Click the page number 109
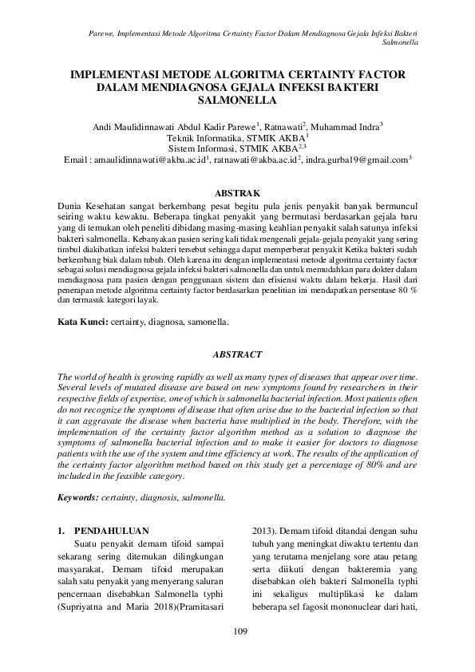click(x=237, y=632)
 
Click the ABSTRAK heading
click(x=237, y=193)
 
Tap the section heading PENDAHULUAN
click(x=107, y=529)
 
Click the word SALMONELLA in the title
click(x=237, y=101)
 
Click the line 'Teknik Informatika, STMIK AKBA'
click(x=236, y=137)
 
